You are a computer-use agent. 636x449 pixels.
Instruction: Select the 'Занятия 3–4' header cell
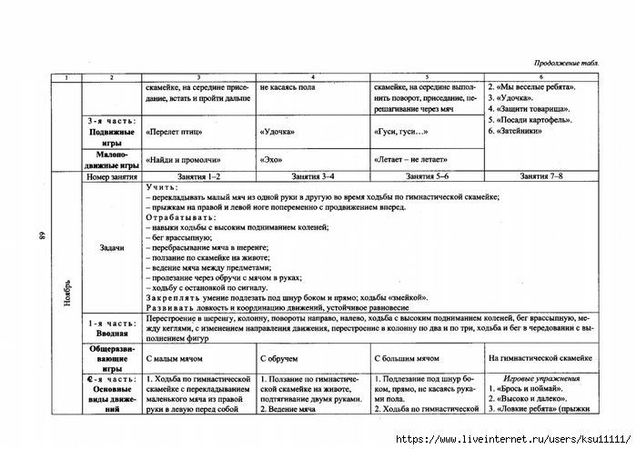click(312, 175)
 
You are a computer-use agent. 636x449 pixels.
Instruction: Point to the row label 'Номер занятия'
click(111, 175)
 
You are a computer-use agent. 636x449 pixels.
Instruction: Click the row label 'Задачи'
click(111, 247)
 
